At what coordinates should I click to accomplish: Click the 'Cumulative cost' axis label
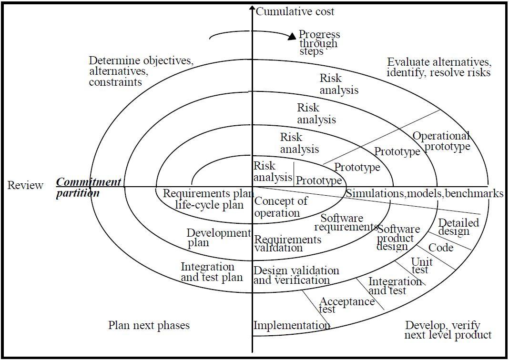coord(295,11)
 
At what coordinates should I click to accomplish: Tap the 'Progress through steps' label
coord(319,42)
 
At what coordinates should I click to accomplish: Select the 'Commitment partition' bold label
coord(88,188)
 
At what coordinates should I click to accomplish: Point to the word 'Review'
coord(25,185)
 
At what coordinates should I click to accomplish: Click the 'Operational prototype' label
coord(441,141)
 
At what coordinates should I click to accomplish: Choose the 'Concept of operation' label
coord(281,207)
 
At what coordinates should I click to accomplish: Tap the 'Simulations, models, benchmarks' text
coord(424,193)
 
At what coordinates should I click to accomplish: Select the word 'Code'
coord(441,248)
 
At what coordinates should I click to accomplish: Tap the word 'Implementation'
coord(291,325)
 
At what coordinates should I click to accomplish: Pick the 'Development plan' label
coord(218,237)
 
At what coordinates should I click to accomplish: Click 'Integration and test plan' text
coord(212,272)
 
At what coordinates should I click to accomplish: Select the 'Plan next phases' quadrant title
coord(149,325)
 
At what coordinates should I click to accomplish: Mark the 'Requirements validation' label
coord(287,243)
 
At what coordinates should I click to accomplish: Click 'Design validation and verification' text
coord(296,275)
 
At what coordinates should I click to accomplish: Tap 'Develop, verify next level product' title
coord(448,330)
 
